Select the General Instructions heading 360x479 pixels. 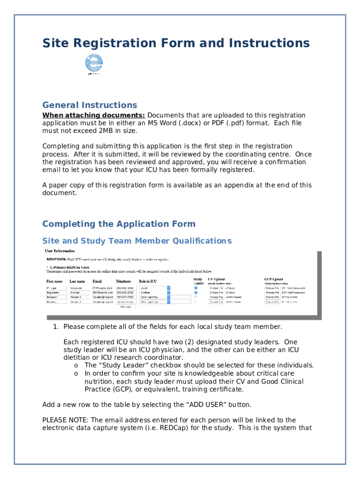point(90,105)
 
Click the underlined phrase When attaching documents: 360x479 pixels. point(94,116)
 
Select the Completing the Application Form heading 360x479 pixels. point(119,224)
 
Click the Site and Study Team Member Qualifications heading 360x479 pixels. point(137,241)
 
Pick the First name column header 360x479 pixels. point(54,281)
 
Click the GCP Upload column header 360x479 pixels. point(274,279)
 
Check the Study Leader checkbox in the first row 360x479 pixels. point(196,288)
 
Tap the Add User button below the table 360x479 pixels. point(125,307)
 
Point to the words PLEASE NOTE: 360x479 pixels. point(59,420)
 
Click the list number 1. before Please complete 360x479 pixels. point(56,327)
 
